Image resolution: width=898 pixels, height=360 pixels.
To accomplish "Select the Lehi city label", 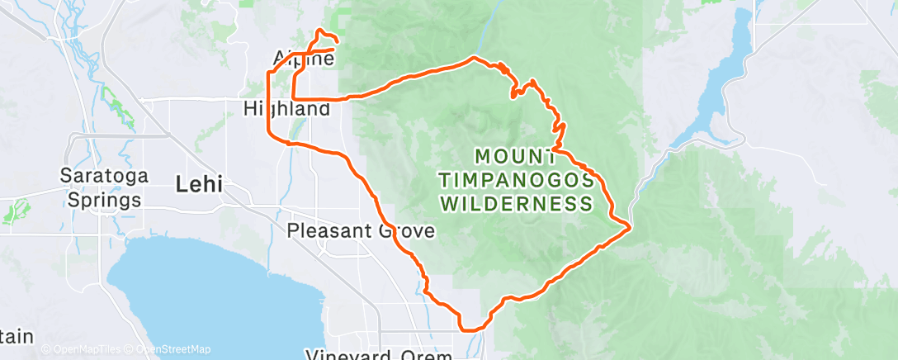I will click(199, 184).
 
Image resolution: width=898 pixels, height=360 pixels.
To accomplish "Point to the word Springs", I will click(99, 199).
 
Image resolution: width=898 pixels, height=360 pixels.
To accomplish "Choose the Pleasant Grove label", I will click(361, 231).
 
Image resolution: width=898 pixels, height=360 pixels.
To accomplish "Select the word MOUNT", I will click(515, 156).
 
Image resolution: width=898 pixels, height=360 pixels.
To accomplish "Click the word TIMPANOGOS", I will click(517, 179).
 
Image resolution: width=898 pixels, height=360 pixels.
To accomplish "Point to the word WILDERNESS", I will click(517, 203).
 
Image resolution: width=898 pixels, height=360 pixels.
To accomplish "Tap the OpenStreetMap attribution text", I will click(168, 350).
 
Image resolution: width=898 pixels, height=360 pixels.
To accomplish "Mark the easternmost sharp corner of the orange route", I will click(631, 225).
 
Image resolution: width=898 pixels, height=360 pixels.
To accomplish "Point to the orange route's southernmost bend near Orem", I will click(469, 329).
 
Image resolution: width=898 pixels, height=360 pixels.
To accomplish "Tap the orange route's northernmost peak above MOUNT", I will click(474, 58).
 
